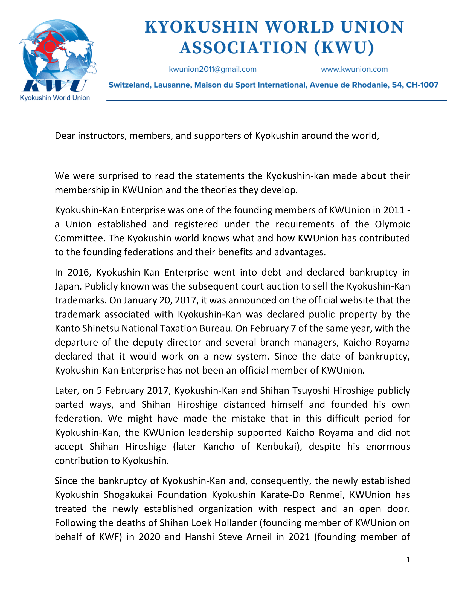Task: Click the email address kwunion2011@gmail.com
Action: [213, 69]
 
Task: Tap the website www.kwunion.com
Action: [354, 69]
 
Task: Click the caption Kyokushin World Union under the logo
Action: [55, 98]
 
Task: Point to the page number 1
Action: [408, 560]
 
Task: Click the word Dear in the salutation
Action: [65, 136]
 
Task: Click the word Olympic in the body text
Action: [392, 224]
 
